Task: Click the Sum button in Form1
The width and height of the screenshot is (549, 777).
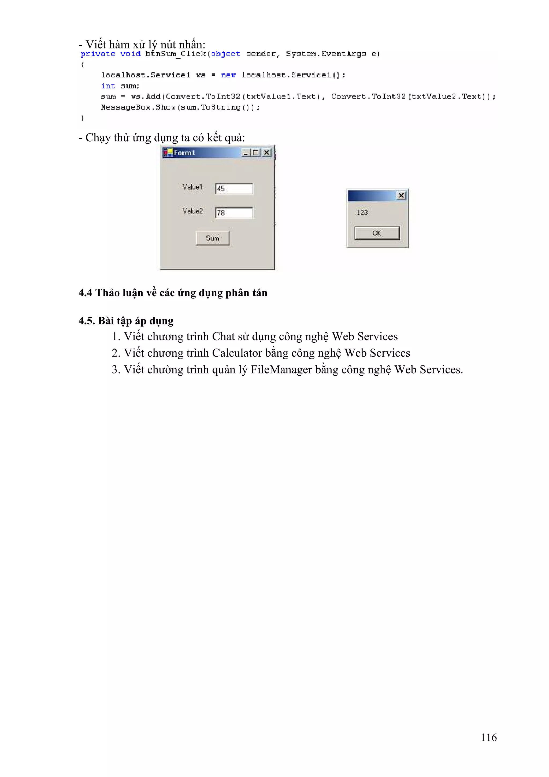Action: [x=212, y=238]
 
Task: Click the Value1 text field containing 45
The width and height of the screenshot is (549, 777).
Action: [x=234, y=188]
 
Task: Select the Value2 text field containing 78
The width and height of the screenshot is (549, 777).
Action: [x=234, y=213]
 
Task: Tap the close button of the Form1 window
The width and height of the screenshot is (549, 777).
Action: [x=266, y=153]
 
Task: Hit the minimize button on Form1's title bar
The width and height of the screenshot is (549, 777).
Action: [x=246, y=153]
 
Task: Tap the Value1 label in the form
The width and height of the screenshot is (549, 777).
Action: [x=192, y=187]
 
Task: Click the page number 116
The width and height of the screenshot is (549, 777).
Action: [x=488, y=737]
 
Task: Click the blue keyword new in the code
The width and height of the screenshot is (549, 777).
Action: [x=228, y=75]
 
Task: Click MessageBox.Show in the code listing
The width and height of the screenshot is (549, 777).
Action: [x=138, y=107]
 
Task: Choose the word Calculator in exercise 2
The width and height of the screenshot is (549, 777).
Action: [x=237, y=353]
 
